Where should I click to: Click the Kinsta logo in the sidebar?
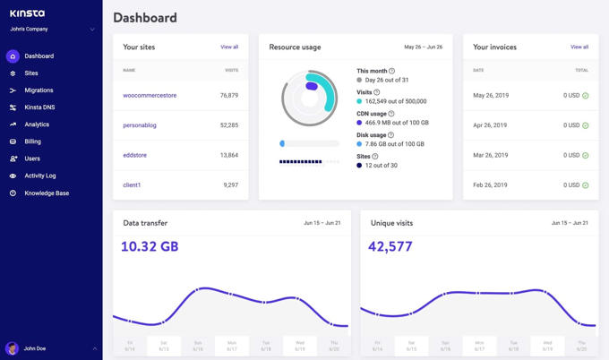[27, 13]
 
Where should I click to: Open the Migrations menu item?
[39, 90]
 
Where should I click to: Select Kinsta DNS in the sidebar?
[39, 107]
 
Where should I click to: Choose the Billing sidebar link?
[32, 141]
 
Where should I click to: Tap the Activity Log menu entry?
[40, 176]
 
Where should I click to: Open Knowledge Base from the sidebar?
[47, 193]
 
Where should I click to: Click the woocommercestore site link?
[149, 95]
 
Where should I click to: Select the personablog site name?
[140, 125]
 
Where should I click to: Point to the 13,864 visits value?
[229, 155]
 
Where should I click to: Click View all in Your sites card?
[229, 47]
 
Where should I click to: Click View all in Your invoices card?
[579, 47]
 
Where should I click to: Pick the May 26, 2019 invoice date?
[490, 95]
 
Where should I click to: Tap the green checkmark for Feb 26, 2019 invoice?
[586, 185]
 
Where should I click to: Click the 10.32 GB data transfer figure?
[150, 246]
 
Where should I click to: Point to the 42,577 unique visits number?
[391, 246]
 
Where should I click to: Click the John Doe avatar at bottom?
[13, 348]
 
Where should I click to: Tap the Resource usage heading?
[295, 47]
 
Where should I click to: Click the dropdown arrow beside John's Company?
[92, 30]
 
